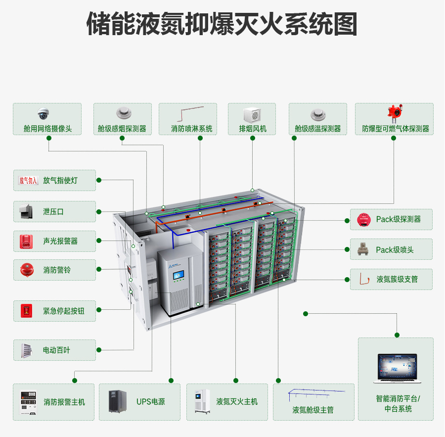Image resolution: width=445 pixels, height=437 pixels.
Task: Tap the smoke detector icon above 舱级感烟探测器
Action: coord(123,113)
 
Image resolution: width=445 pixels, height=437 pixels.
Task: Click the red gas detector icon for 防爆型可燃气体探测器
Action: coord(395,114)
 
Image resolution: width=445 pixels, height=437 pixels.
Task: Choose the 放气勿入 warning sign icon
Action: coord(28,181)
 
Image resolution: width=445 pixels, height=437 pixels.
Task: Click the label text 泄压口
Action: coord(53,211)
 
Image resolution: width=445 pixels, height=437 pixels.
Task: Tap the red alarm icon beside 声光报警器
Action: coord(25,241)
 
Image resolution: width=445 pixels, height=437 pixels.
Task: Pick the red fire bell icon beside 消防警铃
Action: coord(26,270)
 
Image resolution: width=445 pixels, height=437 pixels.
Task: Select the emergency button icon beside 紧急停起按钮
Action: coord(26,311)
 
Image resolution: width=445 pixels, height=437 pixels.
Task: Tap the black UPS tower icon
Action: coord(118,402)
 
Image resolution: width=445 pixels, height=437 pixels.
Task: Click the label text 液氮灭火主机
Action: coord(237,401)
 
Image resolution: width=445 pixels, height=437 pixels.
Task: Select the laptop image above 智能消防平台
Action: coord(396,368)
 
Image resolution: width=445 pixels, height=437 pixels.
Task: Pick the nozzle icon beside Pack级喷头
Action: coord(364,249)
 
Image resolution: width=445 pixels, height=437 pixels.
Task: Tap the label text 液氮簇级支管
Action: coord(397,279)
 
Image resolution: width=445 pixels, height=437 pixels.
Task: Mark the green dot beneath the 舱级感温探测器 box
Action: coord(294,138)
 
